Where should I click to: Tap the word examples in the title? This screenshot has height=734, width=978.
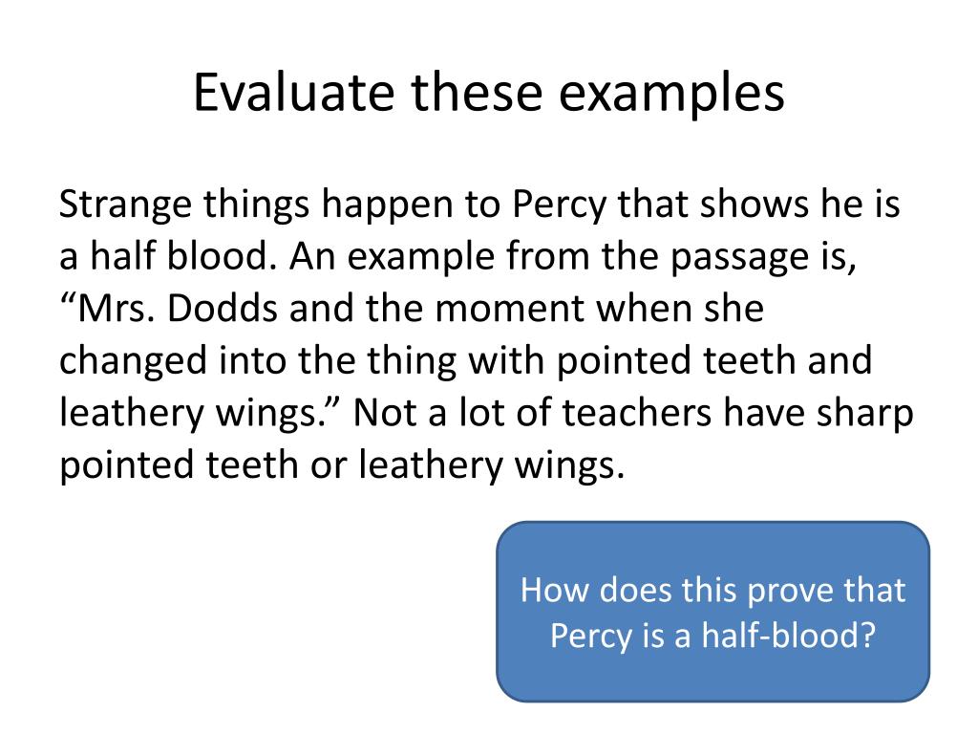(x=674, y=94)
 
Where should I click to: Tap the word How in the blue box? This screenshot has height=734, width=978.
(x=551, y=590)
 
